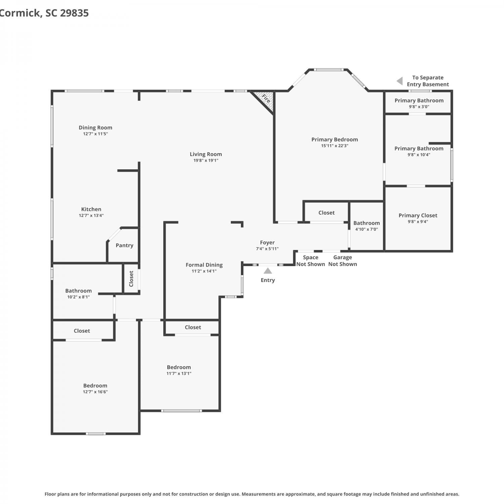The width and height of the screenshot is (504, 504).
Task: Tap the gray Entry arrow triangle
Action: pos(268,271)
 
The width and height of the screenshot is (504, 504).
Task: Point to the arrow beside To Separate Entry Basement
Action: pos(400,81)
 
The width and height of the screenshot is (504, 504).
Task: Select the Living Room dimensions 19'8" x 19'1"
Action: pos(206,161)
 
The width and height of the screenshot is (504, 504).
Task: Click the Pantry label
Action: pos(124,246)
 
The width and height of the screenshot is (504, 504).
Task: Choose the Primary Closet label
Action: pos(418,215)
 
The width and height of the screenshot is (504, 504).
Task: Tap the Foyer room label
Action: pos(267,243)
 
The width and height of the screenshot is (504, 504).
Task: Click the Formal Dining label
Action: pos(204,265)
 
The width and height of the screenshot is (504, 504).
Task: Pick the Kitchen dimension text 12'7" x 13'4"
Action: pos(91,216)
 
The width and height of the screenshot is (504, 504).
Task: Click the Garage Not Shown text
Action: pos(343,261)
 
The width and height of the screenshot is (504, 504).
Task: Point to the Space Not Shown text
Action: pos(311,261)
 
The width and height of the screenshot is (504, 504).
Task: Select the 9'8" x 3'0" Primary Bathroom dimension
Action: pos(419,107)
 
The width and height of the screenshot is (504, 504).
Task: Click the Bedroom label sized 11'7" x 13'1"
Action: pos(179,367)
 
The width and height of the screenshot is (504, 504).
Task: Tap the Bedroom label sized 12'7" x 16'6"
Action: pos(95,386)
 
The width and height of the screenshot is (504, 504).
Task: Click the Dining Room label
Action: pos(95,128)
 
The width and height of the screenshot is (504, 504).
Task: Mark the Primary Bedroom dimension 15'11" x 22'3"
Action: pos(335,146)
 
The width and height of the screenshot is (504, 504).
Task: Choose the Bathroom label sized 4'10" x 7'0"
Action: pos(367,223)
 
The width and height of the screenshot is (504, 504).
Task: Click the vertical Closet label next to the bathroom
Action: pos(131,279)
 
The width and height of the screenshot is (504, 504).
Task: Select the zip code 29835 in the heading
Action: pos(74,13)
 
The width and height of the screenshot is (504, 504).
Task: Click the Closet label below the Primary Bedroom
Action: pos(327,213)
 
